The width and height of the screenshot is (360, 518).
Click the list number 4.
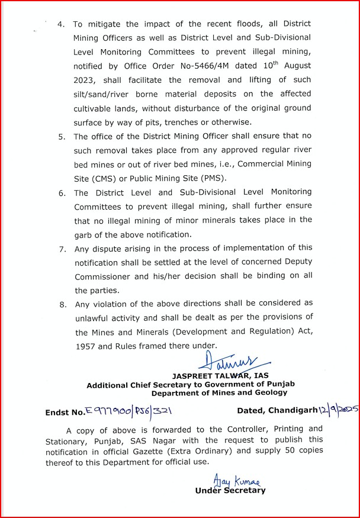tap(60, 25)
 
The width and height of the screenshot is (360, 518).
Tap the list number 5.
tap(62, 137)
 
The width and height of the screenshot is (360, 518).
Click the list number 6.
tap(62, 193)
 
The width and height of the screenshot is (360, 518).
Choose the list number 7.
tap(62, 249)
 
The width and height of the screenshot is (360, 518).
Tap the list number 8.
tap(62, 304)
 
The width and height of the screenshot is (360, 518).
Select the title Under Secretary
tap(230, 490)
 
